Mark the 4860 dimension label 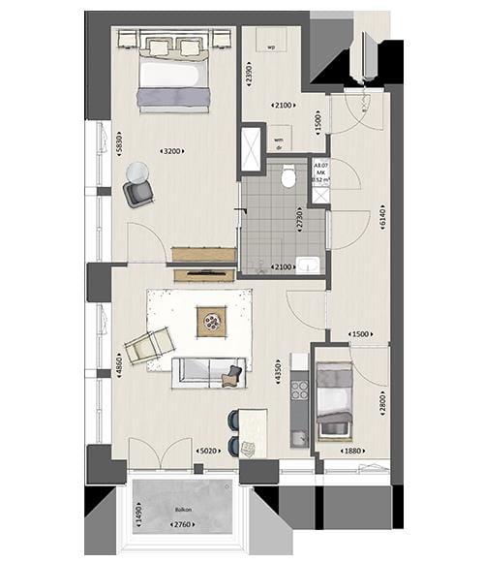pos(118,369)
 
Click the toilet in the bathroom pos(288,177)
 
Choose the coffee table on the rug pos(210,321)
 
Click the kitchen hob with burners pos(299,392)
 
